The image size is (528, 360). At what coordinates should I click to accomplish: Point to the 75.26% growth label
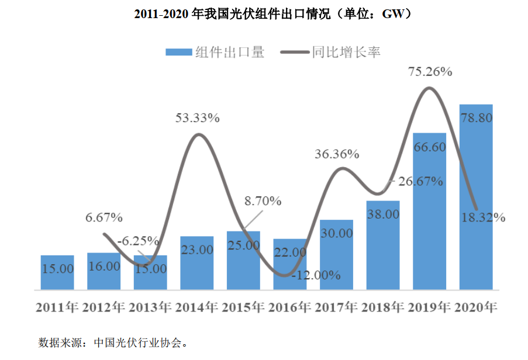430,72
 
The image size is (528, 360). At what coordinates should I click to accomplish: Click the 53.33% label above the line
198,118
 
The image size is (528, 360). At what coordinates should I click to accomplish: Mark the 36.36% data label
337,155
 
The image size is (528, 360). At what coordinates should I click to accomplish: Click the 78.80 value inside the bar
476,118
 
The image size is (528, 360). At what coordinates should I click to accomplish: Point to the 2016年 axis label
290,307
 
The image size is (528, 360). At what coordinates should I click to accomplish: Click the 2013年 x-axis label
150,307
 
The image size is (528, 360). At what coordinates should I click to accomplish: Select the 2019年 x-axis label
429,307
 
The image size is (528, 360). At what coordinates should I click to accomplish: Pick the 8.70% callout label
263,202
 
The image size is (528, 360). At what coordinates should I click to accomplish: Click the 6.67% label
104,218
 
